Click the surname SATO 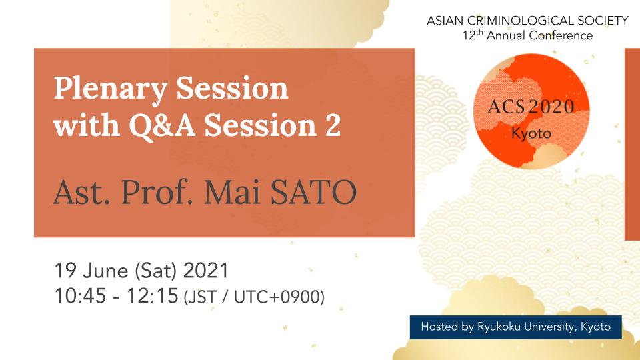[314, 192]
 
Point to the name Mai [233, 192]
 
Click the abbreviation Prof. [157, 192]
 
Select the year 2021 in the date [206, 271]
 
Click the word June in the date [105, 271]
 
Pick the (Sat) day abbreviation [155, 271]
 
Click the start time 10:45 [80, 296]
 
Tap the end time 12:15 [153, 296]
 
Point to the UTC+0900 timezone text [279, 297]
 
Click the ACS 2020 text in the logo [531, 107]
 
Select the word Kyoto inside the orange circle [531, 133]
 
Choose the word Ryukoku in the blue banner [499, 327]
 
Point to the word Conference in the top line [561, 35]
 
